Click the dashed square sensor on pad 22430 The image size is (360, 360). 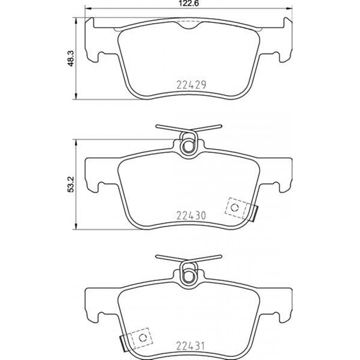[x=235, y=207]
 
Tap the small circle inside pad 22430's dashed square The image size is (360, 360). [x=235, y=207]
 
